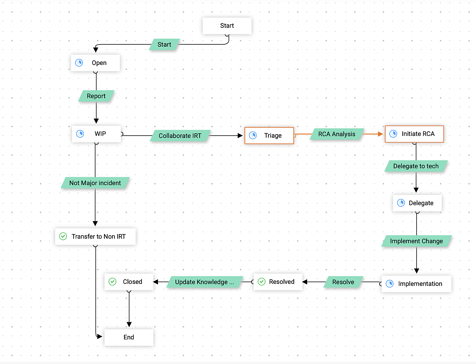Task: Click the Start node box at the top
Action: point(227,26)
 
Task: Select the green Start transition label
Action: point(164,45)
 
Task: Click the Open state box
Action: point(95,63)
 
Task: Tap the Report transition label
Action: point(96,96)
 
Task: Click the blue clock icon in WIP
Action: point(80,134)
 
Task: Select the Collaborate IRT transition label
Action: point(180,136)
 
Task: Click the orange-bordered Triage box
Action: point(269,136)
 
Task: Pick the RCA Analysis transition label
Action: point(337,134)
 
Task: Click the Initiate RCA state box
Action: point(414,134)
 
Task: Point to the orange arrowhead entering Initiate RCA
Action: point(380,134)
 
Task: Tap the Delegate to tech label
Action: point(416,166)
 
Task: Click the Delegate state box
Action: point(417,203)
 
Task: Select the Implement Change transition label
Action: point(416,241)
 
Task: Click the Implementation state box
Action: point(416,284)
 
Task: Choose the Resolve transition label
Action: point(343,282)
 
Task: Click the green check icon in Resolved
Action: point(261,282)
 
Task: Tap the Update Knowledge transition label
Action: point(204,282)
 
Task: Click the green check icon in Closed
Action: point(113,282)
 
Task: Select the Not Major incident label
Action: point(95,183)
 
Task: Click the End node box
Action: point(129,337)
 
